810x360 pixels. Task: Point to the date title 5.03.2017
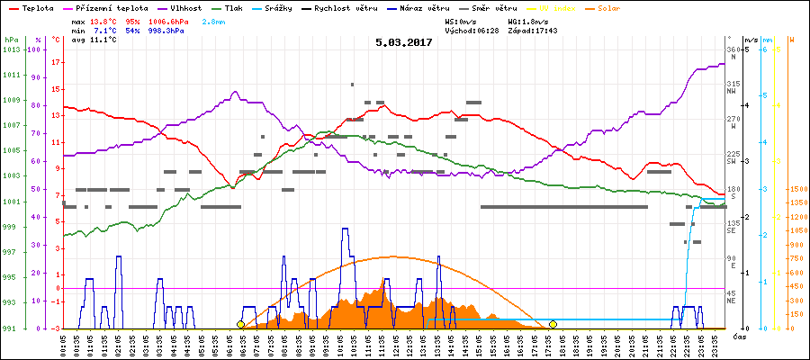(x=404, y=41)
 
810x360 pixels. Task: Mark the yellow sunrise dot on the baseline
(x=240, y=324)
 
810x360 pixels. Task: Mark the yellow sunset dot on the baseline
(x=553, y=324)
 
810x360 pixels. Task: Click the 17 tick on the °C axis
(x=56, y=62)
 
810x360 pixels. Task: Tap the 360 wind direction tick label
(x=732, y=49)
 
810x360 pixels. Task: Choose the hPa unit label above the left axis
(x=10, y=40)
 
